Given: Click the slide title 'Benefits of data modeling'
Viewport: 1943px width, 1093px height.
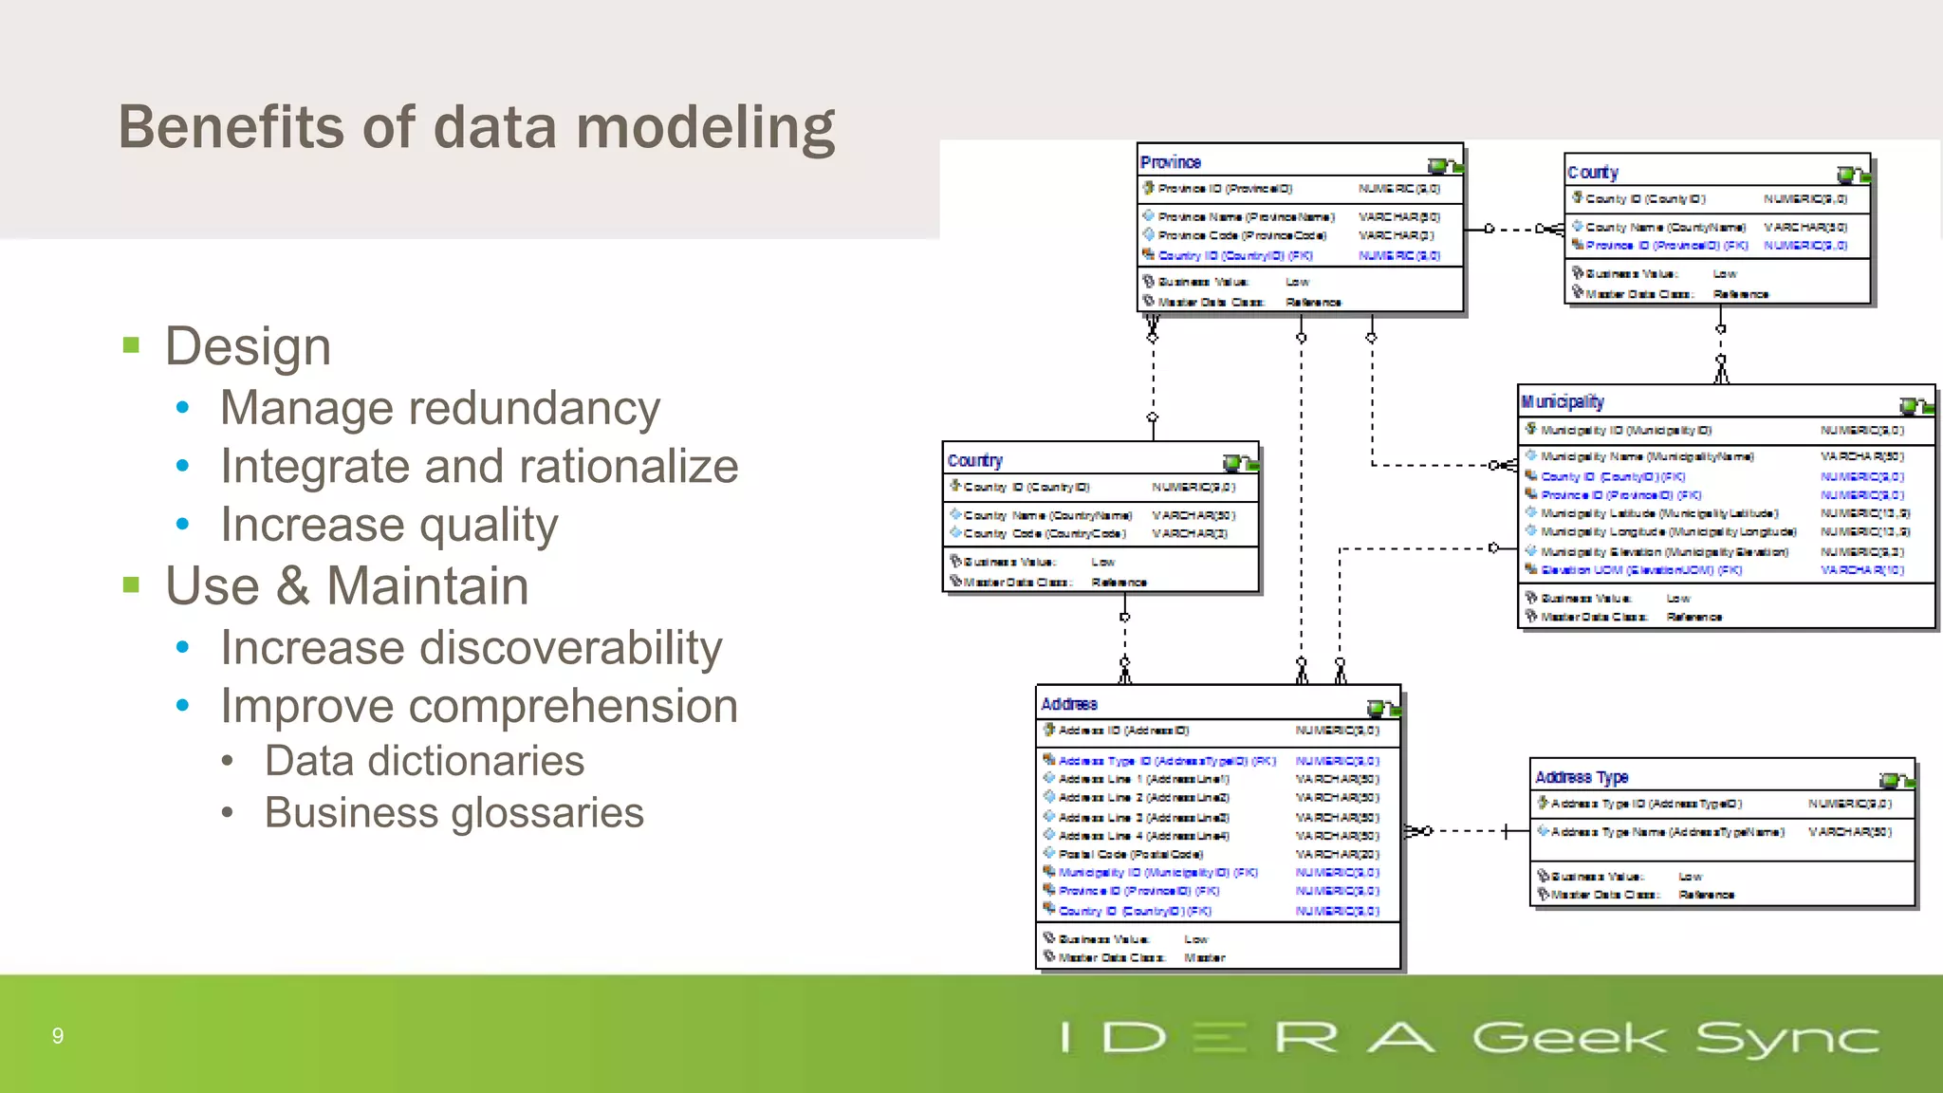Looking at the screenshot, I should (476, 128).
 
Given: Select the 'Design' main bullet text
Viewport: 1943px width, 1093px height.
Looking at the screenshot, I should (248, 346).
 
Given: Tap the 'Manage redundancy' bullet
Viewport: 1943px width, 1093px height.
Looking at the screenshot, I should (439, 409).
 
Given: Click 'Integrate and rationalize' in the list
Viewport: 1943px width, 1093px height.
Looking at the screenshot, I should (479, 467).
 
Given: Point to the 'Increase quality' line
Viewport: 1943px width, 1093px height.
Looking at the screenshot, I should (389, 525).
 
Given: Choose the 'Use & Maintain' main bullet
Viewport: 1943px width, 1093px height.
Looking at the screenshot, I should (346, 585).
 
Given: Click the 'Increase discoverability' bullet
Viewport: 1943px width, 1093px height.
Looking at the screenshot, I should (471, 648).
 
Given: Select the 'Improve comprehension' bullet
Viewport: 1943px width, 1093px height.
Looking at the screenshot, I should (479, 706).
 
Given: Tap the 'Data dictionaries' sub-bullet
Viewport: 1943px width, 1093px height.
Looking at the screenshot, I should (424, 761).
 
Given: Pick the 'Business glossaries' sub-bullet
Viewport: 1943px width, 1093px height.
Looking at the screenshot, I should (453, 813).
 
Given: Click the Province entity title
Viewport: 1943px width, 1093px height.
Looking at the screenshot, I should (1170, 162).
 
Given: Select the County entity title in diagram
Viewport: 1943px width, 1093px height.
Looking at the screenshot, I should (1592, 173).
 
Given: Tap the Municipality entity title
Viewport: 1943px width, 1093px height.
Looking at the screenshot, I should (1562, 402).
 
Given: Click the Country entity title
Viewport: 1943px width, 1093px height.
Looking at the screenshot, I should (974, 460).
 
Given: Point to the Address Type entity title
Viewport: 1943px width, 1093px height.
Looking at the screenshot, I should (1582, 777).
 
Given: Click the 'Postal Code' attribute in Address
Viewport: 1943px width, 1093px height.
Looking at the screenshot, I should (1130, 854).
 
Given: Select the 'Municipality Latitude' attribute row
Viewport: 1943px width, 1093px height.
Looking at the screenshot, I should (1658, 513).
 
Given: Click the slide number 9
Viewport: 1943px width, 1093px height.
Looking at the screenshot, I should (58, 1036).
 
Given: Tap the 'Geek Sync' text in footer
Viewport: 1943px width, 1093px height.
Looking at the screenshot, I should (1675, 1038).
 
